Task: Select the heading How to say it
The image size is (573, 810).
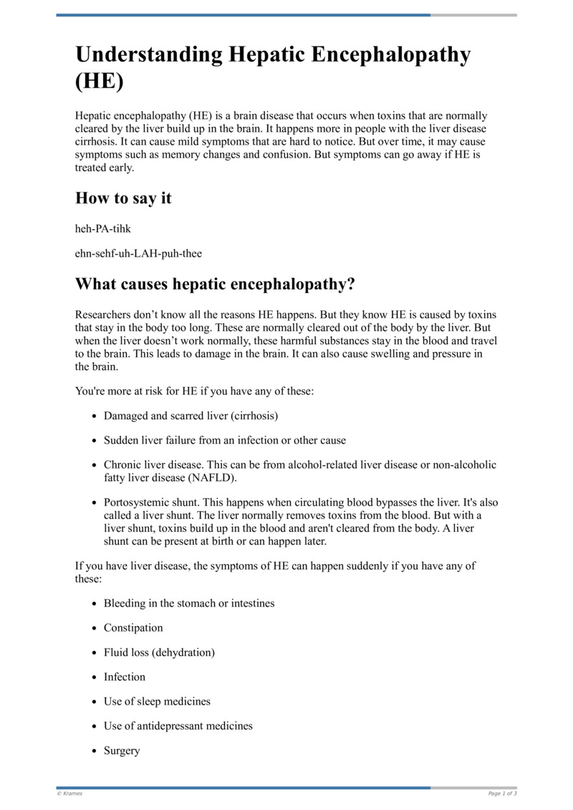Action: click(x=123, y=199)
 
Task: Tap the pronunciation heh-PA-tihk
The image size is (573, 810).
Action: click(x=103, y=228)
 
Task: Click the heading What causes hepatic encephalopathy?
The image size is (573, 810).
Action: click(x=215, y=284)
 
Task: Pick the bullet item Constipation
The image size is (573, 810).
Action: click(x=133, y=628)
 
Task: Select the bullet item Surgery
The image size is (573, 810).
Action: click(x=122, y=751)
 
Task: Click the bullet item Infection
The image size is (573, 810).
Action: click(x=125, y=677)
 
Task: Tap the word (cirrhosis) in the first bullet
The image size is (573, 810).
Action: click(x=251, y=416)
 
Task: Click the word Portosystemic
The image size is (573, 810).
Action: click(x=138, y=502)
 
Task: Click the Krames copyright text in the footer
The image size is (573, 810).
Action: click(x=69, y=794)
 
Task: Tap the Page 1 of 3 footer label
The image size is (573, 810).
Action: click(x=502, y=794)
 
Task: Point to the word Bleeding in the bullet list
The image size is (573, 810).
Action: click(x=125, y=604)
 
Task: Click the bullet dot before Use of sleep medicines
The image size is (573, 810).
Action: click(x=95, y=702)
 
